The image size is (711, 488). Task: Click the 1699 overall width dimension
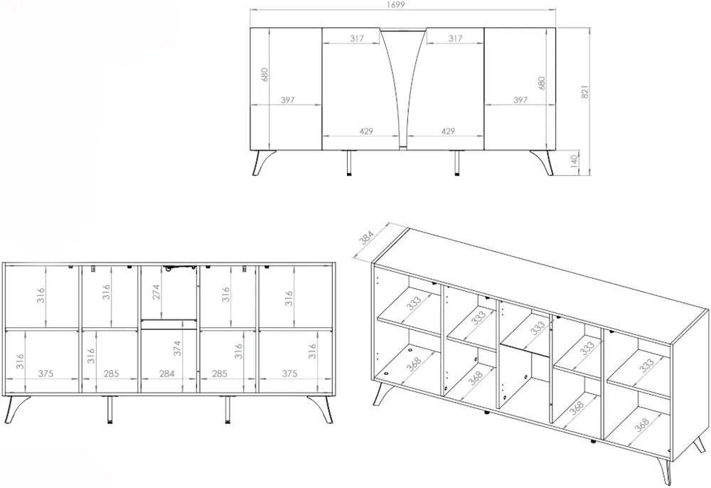396,5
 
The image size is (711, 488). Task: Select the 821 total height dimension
585,92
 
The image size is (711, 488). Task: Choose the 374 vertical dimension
178,349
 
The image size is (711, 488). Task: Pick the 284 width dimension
167,373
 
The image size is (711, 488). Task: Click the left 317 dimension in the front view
357,38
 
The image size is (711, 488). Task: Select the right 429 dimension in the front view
447,131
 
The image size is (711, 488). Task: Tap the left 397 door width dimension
287,100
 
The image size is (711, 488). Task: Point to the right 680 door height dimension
541,84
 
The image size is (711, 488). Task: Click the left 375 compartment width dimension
46,373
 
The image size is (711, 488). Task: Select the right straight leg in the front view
457,163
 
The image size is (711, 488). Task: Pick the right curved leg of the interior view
321,408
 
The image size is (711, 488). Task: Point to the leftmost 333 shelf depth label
414,303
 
